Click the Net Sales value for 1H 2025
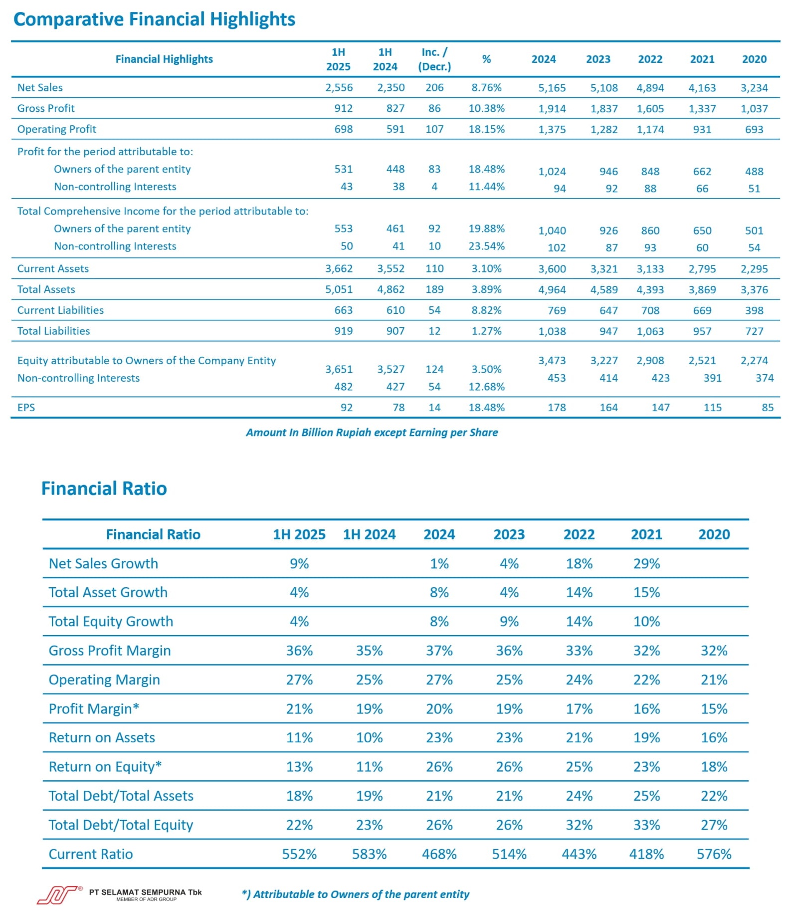[339, 88]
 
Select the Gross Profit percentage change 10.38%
[486, 108]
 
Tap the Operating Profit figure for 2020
[754, 130]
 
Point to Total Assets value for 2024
[552, 290]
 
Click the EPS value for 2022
[660, 408]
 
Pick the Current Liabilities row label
[60, 310]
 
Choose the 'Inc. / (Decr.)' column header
[434, 59]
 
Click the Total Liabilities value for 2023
[608, 331]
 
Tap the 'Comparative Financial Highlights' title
[155, 19]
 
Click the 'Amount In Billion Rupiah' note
[372, 433]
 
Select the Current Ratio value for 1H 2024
[370, 854]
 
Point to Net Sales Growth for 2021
[646, 564]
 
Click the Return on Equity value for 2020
[714, 767]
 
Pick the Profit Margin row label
[94, 709]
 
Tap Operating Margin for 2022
[579, 680]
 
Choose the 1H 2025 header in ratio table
[299, 535]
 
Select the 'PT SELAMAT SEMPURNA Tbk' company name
[146, 893]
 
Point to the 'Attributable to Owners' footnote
[356, 895]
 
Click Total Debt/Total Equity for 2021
[646, 825]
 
